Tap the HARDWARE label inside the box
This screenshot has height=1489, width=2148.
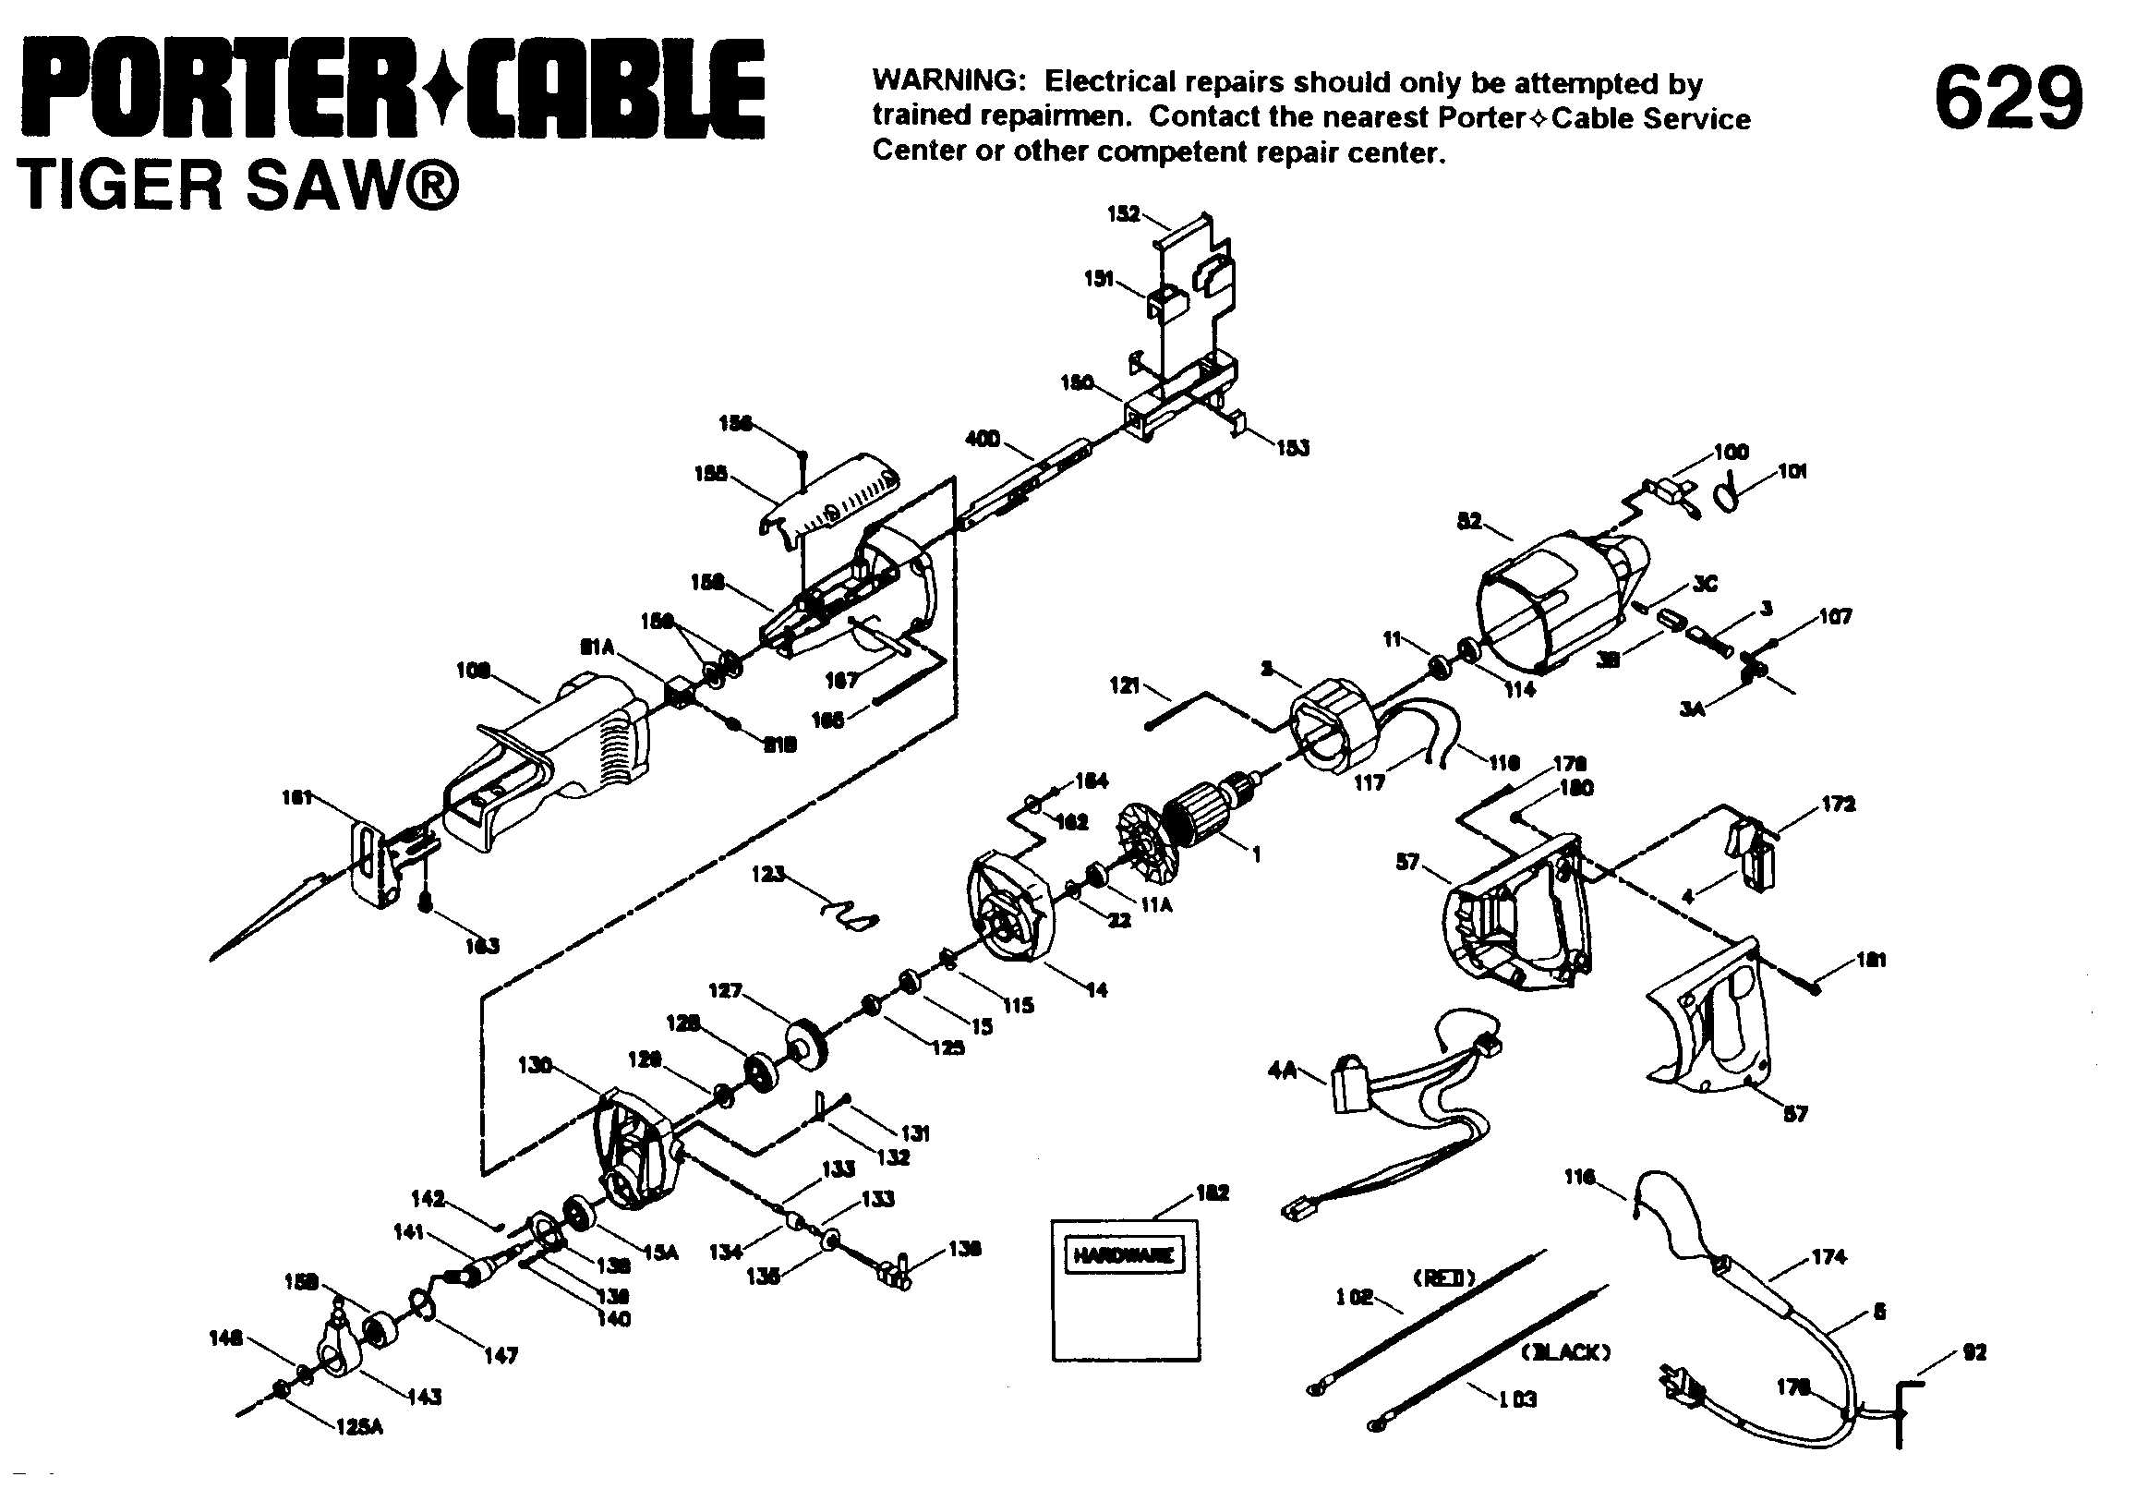(x=1124, y=1254)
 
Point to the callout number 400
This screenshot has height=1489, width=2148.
(x=983, y=439)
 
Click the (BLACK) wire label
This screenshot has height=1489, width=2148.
(x=1566, y=1351)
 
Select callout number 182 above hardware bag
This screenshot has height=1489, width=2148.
(x=1212, y=1192)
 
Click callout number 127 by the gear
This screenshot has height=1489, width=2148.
(x=725, y=991)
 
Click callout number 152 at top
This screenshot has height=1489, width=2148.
(x=1123, y=213)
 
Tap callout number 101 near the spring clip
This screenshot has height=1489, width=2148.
(x=1792, y=471)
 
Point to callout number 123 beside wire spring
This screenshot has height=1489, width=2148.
(x=768, y=874)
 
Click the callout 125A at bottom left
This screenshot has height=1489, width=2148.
(x=359, y=1426)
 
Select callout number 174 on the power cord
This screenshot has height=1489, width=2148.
(x=1828, y=1257)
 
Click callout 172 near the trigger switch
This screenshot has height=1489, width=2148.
(x=1839, y=805)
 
